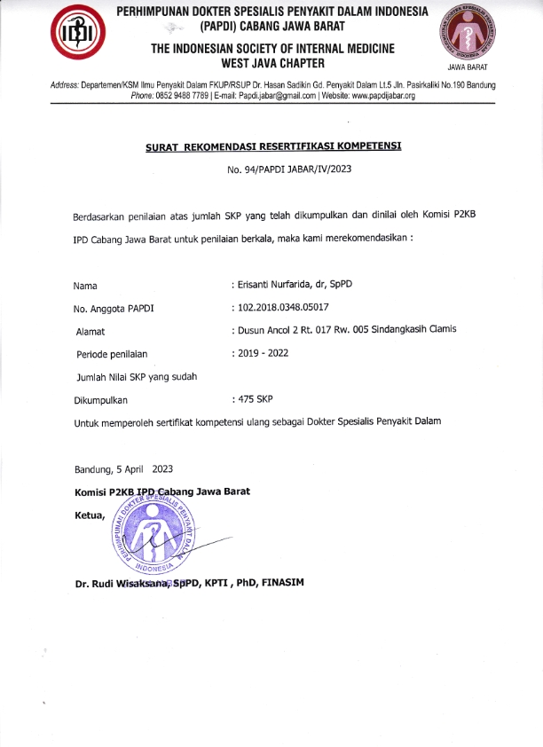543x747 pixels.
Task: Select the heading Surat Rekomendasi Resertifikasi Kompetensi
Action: (273, 147)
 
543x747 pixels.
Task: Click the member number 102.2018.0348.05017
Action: (280, 308)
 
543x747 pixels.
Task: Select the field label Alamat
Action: (91, 331)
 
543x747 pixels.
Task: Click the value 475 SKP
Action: (252, 399)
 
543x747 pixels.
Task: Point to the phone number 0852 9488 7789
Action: (185, 95)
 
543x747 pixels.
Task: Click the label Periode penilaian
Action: (112, 354)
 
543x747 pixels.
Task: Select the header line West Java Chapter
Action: (272, 63)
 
